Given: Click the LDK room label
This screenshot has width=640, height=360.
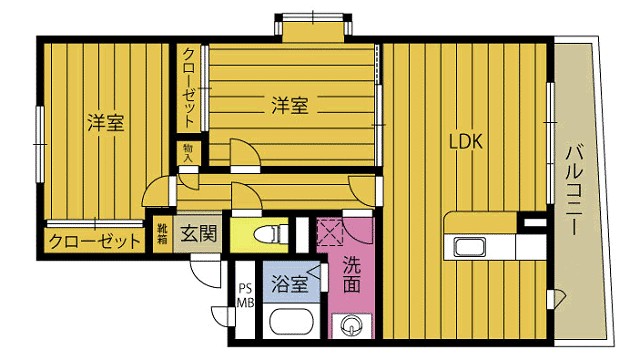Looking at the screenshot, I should click(x=465, y=142).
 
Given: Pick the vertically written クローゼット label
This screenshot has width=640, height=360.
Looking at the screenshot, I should click(x=188, y=87).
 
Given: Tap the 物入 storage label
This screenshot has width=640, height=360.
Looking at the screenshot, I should click(x=187, y=151).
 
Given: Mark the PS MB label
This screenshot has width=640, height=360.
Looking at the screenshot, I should click(x=245, y=298).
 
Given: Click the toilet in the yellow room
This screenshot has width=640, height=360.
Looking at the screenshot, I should click(x=268, y=235).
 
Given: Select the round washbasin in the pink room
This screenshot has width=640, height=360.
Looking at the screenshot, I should click(x=351, y=325).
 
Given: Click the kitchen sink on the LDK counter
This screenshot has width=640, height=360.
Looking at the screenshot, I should click(x=468, y=247).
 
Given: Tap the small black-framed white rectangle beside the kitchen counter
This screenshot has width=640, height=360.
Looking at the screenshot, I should click(x=535, y=220).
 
